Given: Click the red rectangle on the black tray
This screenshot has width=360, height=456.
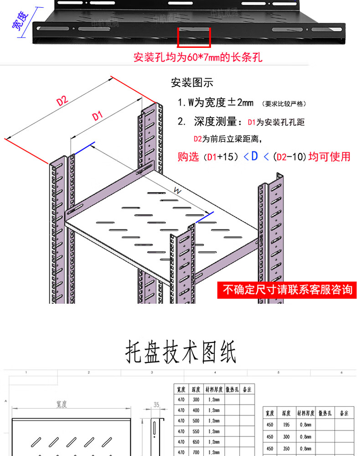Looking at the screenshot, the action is coord(194,37).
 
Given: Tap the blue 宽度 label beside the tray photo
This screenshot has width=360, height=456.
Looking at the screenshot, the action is coord(20,20).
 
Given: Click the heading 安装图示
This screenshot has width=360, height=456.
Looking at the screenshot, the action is coord(192,83).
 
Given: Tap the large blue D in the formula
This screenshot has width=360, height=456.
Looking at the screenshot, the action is coord(254,156).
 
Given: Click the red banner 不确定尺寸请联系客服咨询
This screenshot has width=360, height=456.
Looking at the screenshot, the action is coord(287,289).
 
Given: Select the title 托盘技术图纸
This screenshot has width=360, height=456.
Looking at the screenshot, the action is coord(180,352).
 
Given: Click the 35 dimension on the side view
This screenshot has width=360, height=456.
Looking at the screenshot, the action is coord(156,404).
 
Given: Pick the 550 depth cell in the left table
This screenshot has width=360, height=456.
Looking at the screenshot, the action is coord(196,431).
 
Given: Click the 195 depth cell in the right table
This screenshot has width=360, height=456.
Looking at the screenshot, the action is coord(286,425).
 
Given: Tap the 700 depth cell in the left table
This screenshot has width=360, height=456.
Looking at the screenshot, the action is coord(196,452).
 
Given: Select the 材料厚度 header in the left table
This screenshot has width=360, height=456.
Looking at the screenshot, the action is coord(214,389).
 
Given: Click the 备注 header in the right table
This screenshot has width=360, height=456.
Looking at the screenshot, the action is coord(344,413).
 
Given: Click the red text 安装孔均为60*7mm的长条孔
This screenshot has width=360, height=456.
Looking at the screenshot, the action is coord(198,58).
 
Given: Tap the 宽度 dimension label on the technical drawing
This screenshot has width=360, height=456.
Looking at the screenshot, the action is coord(62,404).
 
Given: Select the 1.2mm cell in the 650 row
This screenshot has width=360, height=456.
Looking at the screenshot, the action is coord(213,441).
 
